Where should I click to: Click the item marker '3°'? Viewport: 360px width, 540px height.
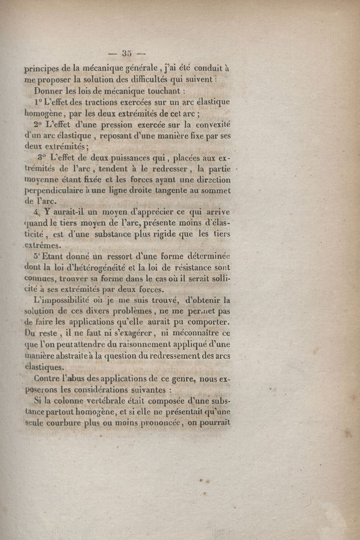(43, 157)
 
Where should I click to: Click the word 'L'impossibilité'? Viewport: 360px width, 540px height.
(60, 300)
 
